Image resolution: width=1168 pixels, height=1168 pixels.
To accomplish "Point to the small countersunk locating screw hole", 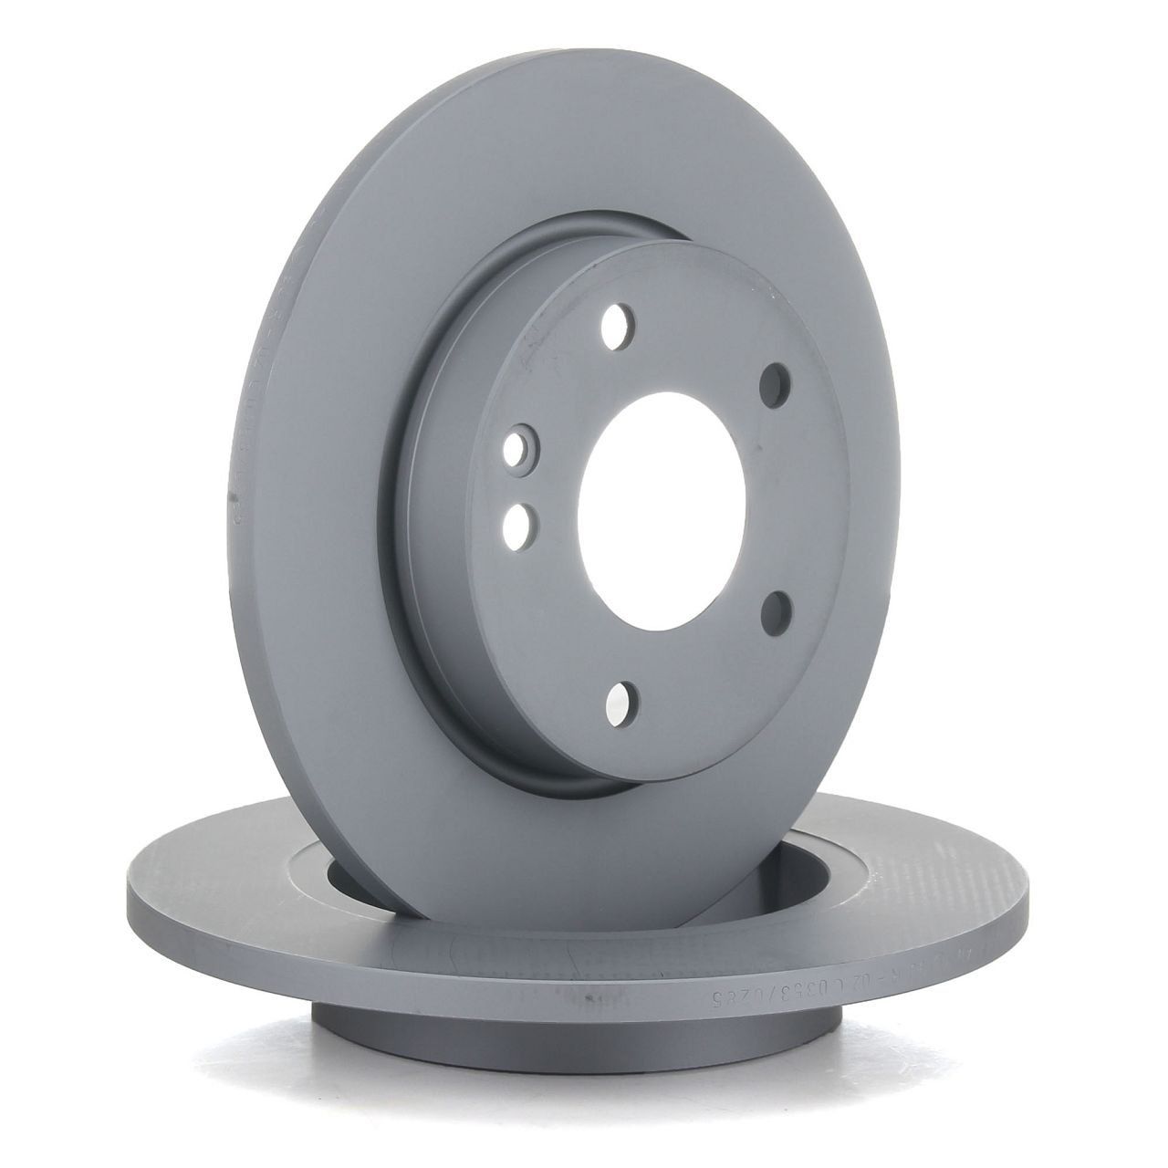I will (521, 448).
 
